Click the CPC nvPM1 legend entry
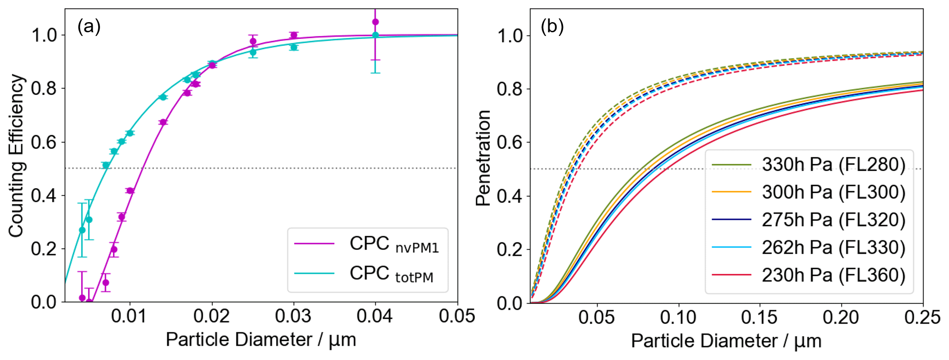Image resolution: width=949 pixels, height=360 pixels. [394, 244]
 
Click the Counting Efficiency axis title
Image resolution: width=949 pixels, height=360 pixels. [17, 156]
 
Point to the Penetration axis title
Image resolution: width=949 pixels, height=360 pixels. [483, 158]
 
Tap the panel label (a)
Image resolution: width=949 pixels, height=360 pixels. [89, 26]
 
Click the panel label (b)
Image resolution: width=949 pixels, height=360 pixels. [552, 26]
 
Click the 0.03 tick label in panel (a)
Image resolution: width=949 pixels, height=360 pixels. [293, 316]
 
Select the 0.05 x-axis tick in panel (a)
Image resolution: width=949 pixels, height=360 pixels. [457, 316]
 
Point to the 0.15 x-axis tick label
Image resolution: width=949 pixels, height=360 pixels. [759, 318]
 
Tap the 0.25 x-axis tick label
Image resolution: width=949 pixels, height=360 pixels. [922, 318]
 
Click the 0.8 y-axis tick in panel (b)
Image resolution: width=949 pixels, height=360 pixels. [511, 89]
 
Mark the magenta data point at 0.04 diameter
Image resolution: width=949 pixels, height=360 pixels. [375, 22]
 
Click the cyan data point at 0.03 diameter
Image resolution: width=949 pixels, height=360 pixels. [294, 47]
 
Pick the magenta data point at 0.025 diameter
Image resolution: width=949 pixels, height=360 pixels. [253, 41]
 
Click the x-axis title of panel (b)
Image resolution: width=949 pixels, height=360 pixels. [726, 341]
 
